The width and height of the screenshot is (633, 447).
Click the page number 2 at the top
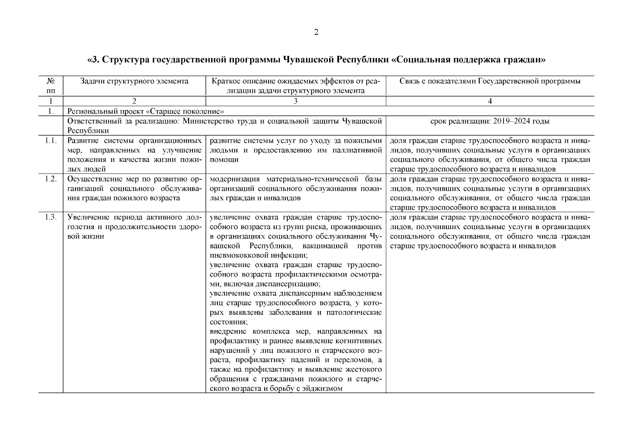(x=316, y=32)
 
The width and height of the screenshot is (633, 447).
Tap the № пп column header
(x=51, y=86)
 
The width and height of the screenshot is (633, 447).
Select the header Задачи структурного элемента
(x=134, y=81)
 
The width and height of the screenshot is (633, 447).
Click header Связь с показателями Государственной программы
(x=490, y=81)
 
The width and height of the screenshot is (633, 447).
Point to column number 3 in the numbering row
(x=295, y=101)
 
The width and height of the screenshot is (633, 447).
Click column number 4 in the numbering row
(x=490, y=101)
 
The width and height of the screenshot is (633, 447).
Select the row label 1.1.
(x=51, y=141)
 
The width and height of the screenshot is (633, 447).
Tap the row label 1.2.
(x=51, y=179)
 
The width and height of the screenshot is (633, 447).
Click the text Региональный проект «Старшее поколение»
(x=145, y=111)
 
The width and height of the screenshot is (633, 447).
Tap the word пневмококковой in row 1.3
(x=235, y=256)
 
